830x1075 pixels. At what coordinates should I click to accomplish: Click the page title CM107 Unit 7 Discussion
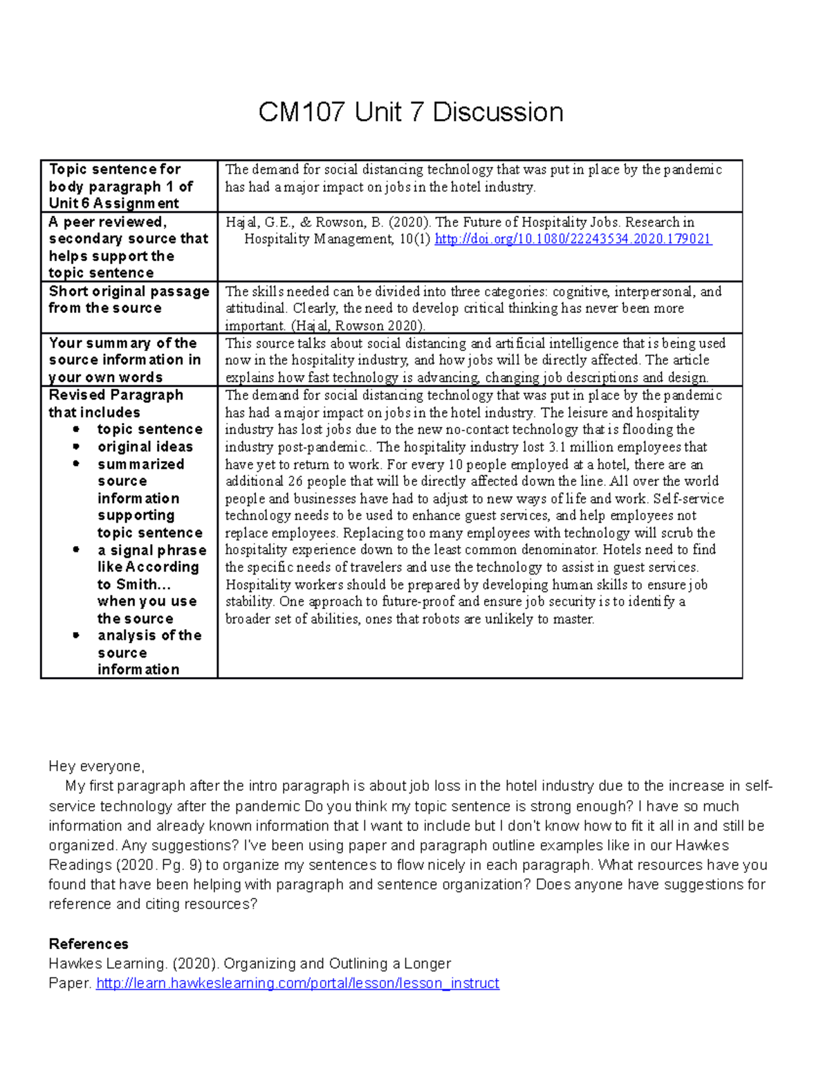pyautogui.click(x=411, y=112)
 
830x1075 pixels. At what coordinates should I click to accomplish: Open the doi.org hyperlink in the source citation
pyautogui.click(x=573, y=240)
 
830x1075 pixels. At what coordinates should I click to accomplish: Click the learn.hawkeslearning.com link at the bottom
pyautogui.click(x=297, y=984)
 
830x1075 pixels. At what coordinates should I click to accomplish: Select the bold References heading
pyautogui.click(x=89, y=944)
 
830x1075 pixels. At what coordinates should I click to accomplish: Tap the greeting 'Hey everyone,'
pyautogui.click(x=96, y=766)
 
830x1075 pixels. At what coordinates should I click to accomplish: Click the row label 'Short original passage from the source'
pyautogui.click(x=129, y=300)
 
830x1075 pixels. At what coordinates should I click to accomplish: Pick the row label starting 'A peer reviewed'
pyautogui.click(x=128, y=247)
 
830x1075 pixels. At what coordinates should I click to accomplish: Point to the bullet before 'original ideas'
pyautogui.click(x=76, y=447)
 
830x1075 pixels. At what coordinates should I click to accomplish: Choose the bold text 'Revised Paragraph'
pyautogui.click(x=116, y=395)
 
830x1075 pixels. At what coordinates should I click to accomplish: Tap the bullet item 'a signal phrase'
pyautogui.click(x=152, y=550)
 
